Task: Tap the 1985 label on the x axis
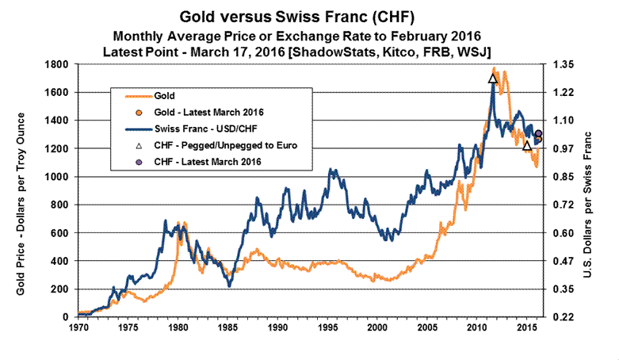229,326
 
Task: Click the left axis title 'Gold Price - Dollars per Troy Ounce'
20,190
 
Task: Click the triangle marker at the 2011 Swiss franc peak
493,79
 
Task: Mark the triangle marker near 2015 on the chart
527,145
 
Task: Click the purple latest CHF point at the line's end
538,134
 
